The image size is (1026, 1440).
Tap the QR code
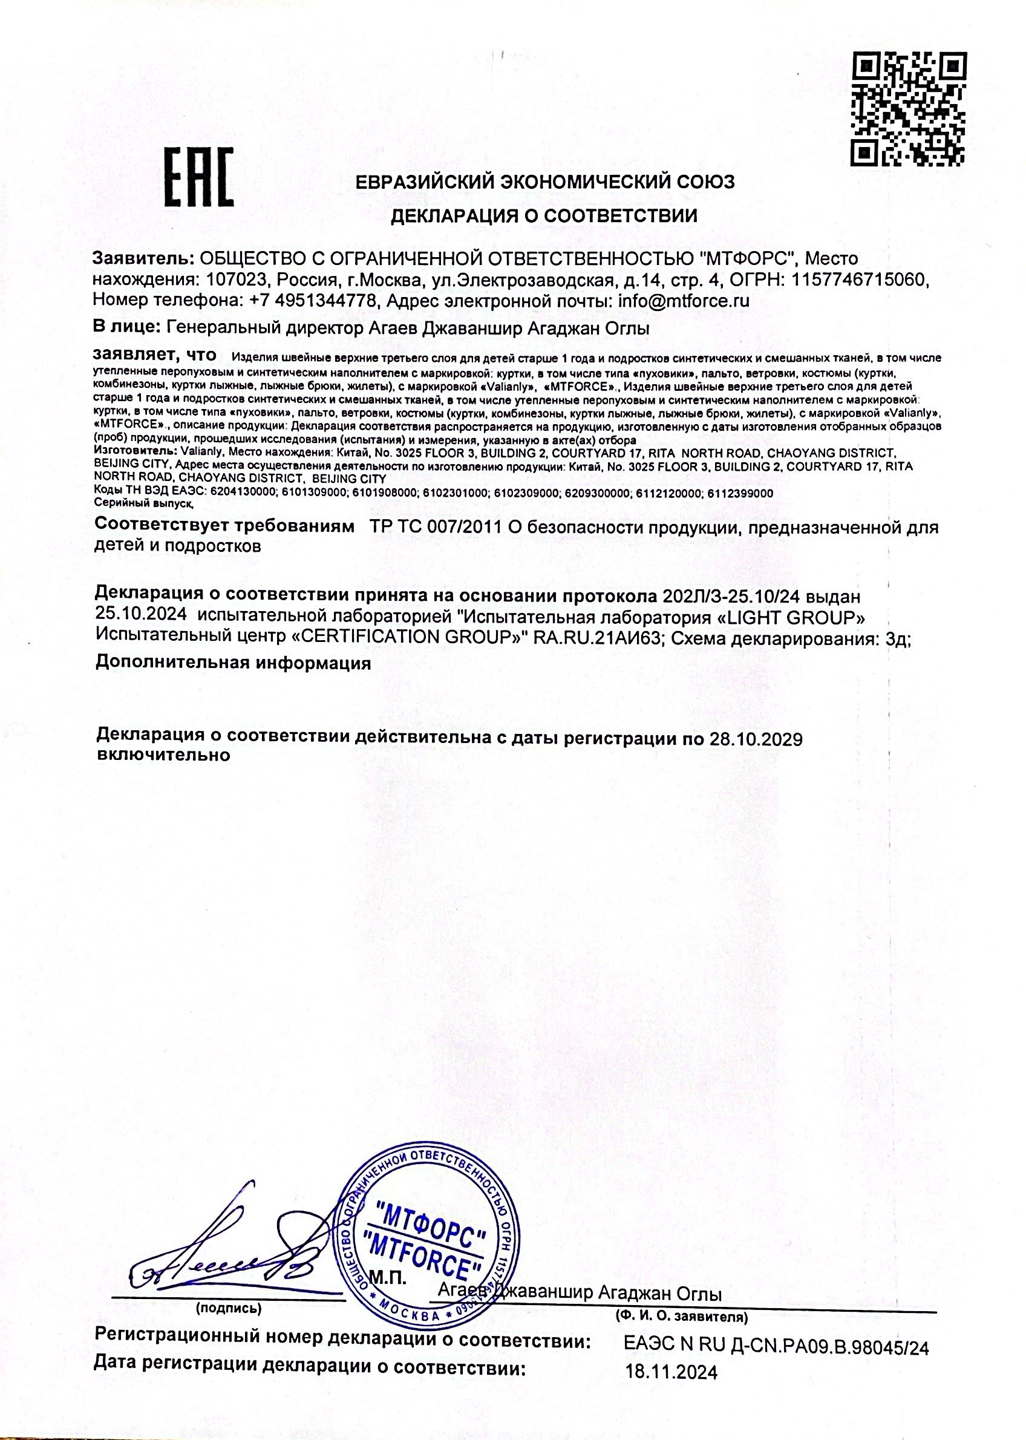point(910,109)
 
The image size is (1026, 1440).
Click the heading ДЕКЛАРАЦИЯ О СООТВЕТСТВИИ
point(544,216)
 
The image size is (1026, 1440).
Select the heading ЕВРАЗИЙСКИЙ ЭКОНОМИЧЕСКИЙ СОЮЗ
point(544,182)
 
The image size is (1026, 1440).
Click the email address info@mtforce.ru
point(684,301)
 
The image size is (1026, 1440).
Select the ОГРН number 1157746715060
point(860,280)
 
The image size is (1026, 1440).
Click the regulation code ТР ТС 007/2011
point(436,527)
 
